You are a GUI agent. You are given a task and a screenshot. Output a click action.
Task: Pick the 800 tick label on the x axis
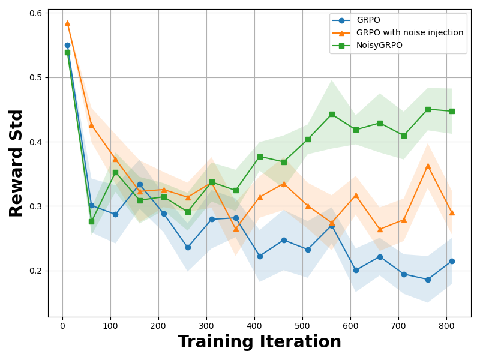[x=446, y=326]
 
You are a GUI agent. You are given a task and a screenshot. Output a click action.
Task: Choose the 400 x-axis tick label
[x=254, y=326]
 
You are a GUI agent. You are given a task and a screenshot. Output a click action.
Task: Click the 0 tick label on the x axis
[x=62, y=326]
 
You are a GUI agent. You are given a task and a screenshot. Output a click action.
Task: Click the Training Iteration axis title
[x=259, y=342]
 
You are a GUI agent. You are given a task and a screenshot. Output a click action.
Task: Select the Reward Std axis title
[x=16, y=163]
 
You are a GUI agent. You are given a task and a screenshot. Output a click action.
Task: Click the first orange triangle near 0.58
[x=67, y=23]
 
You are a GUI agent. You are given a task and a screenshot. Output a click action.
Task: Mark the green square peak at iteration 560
[x=332, y=114]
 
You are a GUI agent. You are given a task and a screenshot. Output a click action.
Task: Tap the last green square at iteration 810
[x=452, y=111]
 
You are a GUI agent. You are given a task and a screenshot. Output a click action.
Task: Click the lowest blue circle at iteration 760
[x=428, y=280]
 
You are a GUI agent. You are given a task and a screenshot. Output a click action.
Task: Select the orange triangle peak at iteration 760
[x=428, y=166]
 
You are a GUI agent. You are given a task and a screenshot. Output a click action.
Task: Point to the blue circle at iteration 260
[x=188, y=247]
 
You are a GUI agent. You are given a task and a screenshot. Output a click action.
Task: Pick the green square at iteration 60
[x=91, y=221]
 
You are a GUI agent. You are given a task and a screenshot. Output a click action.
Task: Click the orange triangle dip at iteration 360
[x=236, y=229]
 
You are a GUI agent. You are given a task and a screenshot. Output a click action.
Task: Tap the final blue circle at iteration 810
[x=452, y=261]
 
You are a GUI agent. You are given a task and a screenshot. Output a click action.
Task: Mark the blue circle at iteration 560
[x=332, y=226]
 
